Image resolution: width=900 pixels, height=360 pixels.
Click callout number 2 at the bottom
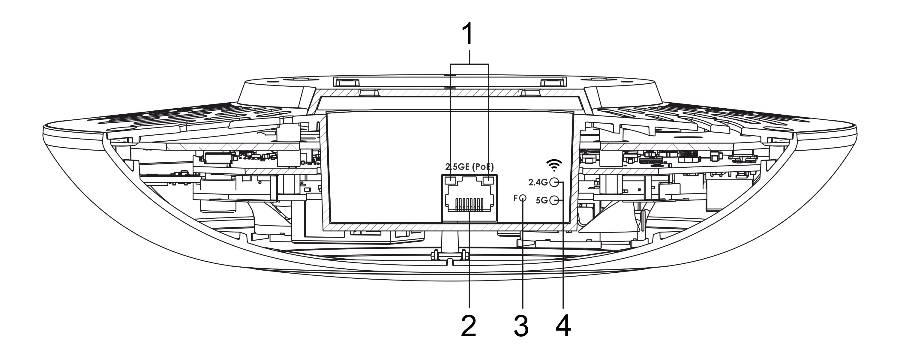click(469, 326)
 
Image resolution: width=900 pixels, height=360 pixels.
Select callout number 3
click(521, 326)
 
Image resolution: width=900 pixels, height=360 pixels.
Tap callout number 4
click(563, 326)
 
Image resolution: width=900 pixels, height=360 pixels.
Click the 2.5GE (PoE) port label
click(469, 167)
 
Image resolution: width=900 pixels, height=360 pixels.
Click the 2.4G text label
click(538, 182)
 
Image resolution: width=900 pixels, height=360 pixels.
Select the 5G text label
click(541, 201)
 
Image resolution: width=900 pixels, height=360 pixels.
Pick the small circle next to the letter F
click(523, 199)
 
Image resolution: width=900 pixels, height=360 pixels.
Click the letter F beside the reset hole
click(516, 198)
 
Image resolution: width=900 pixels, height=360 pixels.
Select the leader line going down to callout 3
click(523, 255)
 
